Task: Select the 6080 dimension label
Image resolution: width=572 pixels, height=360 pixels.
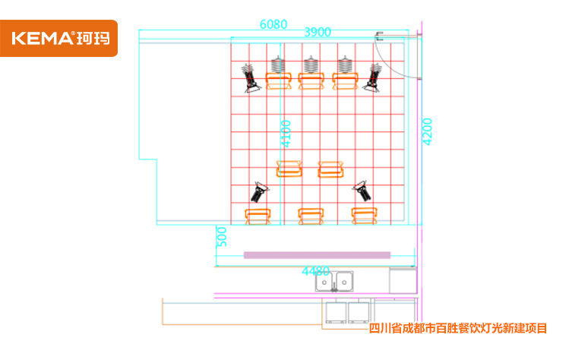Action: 273,24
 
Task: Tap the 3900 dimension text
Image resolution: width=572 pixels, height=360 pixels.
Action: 318,32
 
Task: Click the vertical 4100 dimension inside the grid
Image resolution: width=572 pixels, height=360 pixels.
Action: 286,133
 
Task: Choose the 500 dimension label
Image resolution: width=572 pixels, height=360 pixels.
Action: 222,237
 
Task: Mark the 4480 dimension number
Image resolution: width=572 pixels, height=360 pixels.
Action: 315,271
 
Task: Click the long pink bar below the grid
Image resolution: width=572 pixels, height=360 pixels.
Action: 317,255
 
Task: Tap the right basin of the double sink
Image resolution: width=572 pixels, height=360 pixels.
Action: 346,282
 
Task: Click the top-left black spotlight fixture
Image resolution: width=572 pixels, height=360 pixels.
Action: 250,77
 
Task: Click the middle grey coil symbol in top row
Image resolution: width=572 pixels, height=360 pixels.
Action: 311,65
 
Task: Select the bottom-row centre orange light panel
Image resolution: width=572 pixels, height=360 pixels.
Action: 311,216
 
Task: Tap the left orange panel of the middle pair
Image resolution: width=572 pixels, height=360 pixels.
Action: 289,169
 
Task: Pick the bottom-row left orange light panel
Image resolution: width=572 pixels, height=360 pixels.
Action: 258,216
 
